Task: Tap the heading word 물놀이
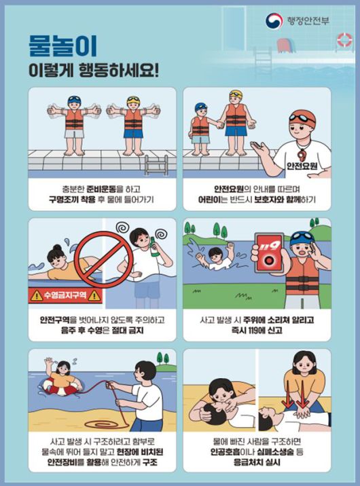point(62,45)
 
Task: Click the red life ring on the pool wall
point(344,41)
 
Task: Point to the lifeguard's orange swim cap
point(302,117)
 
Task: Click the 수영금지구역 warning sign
point(66,295)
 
